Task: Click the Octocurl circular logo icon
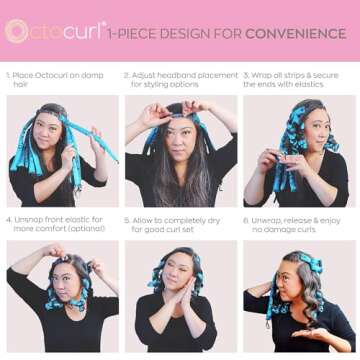(x=17, y=31)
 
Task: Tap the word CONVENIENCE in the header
(x=298, y=33)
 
